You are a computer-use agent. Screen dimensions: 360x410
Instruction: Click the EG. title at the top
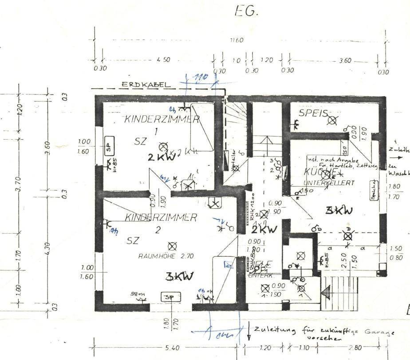pyautogui.click(x=246, y=12)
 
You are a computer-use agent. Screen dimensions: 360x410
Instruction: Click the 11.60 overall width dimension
pyautogui.click(x=237, y=40)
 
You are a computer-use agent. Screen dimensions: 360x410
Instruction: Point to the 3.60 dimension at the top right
pyautogui.click(x=345, y=60)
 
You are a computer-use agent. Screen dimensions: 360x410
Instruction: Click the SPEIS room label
pyautogui.click(x=313, y=113)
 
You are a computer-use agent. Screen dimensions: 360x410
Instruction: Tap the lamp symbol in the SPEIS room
pyautogui.click(x=332, y=119)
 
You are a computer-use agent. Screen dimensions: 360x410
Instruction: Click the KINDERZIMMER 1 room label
pyautogui.click(x=162, y=119)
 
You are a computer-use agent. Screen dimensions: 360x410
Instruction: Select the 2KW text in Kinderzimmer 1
pyautogui.click(x=158, y=157)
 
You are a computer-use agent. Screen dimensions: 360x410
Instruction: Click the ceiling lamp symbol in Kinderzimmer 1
pyautogui.click(x=163, y=146)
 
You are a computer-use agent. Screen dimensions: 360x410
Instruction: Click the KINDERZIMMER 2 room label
pyautogui.click(x=161, y=218)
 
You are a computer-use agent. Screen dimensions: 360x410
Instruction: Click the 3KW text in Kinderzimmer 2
pyautogui.click(x=179, y=277)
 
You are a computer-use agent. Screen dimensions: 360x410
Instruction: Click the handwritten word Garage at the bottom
pyautogui.click(x=378, y=332)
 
